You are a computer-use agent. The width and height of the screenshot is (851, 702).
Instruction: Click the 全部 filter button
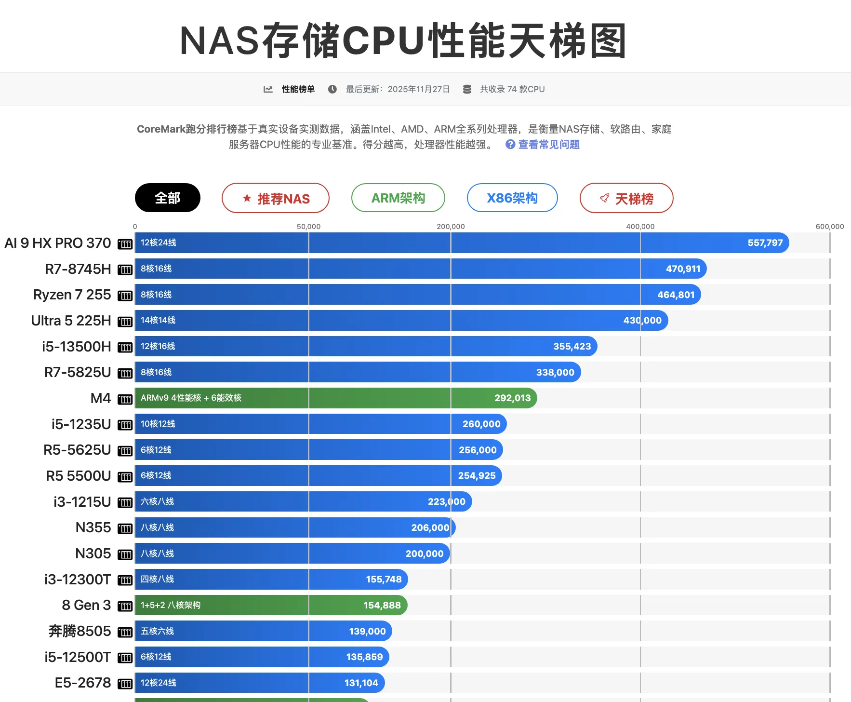point(167,198)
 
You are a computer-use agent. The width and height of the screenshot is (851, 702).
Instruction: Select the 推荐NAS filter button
point(275,198)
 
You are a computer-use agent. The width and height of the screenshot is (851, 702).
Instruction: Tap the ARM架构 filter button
point(398,198)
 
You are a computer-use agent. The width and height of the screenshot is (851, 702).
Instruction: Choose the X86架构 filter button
point(512,198)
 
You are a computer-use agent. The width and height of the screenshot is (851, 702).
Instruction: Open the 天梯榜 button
point(626,198)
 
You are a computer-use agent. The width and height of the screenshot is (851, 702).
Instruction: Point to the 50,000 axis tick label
point(308,227)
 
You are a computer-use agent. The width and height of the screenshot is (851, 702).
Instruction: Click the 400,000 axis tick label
point(640,227)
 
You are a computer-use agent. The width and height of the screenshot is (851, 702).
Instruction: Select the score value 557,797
point(765,243)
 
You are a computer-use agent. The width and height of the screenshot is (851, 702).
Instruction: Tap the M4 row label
point(101,398)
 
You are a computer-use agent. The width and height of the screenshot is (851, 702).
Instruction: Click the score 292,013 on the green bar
point(512,398)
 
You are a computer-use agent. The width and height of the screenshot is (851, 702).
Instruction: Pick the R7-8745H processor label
point(78,269)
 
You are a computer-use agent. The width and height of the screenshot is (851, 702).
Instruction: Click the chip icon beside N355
point(125,528)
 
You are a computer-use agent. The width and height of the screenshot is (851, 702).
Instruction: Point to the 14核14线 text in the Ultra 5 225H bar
point(158,320)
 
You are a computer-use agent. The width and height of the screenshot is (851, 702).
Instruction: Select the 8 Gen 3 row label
point(86,605)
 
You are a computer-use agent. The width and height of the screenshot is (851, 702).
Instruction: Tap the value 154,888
point(382,606)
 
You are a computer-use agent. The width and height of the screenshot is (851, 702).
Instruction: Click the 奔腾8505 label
point(80,631)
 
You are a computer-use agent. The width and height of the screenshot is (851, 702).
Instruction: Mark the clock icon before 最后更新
point(332,89)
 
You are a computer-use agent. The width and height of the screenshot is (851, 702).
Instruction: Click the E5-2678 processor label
point(83,683)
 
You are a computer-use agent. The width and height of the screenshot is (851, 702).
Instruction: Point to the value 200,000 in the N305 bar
point(424,554)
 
